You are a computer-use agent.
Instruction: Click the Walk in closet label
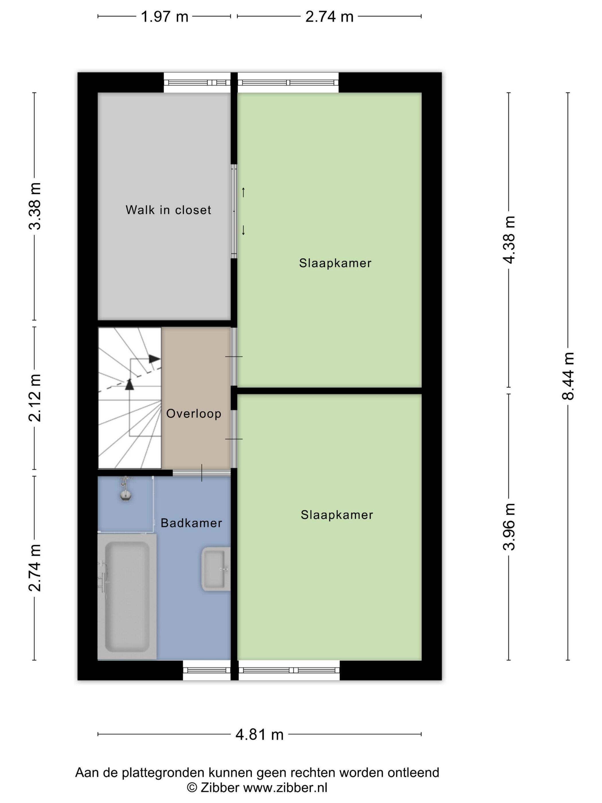(x=168, y=210)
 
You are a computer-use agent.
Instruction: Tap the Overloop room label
(x=193, y=414)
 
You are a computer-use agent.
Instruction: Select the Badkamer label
(x=191, y=523)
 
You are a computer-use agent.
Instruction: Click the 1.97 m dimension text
(x=164, y=17)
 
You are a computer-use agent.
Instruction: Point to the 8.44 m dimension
(x=568, y=376)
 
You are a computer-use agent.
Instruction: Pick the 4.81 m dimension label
(x=259, y=734)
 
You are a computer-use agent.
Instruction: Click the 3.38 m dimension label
(x=35, y=206)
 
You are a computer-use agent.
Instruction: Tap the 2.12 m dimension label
(x=35, y=398)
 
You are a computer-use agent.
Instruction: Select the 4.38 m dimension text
(x=509, y=239)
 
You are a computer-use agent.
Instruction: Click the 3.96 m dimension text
(x=509, y=527)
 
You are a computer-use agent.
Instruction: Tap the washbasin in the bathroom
(x=216, y=569)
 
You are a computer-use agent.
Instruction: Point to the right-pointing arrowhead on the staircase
(x=155, y=359)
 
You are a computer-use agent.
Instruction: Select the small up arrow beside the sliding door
(x=243, y=192)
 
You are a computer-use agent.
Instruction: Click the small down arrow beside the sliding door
(x=243, y=230)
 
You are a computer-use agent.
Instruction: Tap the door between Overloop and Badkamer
(x=202, y=472)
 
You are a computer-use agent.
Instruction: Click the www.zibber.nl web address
(x=285, y=788)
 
